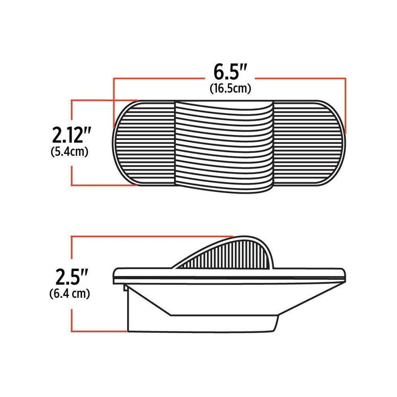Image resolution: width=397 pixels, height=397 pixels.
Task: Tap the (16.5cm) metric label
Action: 229,89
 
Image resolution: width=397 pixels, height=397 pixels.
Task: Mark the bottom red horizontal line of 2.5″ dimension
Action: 99,331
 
